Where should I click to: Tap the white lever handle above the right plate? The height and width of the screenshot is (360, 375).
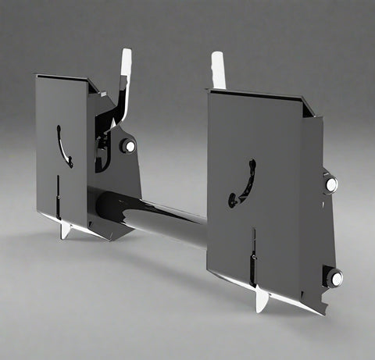(x=218, y=69)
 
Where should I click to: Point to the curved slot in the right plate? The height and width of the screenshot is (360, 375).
(x=244, y=184)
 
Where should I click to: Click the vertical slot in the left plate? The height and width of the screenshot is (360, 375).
(x=58, y=194)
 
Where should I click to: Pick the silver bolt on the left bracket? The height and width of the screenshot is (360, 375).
(x=127, y=146)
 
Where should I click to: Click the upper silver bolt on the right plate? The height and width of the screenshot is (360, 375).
(x=330, y=184)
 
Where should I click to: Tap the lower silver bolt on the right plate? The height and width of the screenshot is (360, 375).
(x=334, y=277)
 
